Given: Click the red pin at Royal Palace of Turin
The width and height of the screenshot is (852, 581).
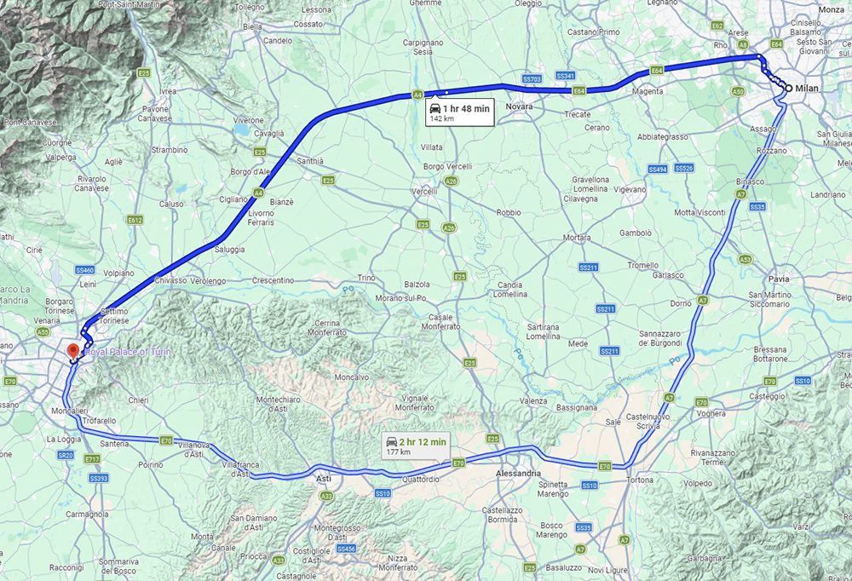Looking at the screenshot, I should tap(72, 351).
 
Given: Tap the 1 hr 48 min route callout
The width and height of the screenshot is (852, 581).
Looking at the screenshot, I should tap(458, 112).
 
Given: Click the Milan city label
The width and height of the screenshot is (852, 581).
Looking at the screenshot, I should tap(806, 88).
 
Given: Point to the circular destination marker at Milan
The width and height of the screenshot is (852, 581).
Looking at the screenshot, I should tap(789, 88).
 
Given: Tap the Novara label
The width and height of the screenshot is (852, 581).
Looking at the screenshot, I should tap(519, 106).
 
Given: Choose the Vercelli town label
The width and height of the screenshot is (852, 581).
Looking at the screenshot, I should tap(424, 192).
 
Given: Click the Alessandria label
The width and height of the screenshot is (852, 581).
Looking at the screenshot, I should tap(518, 473).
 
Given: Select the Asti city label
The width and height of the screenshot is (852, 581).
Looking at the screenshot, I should tap(324, 480).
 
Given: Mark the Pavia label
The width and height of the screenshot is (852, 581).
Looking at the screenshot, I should tap(779, 279).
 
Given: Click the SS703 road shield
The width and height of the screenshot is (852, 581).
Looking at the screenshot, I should tap(532, 79).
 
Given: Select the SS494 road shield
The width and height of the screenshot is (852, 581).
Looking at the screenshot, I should tap(657, 169).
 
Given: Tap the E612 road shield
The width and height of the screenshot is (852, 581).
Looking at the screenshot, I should tap(135, 220).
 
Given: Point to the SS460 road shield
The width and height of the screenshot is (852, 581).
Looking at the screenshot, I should tap(83, 270).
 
